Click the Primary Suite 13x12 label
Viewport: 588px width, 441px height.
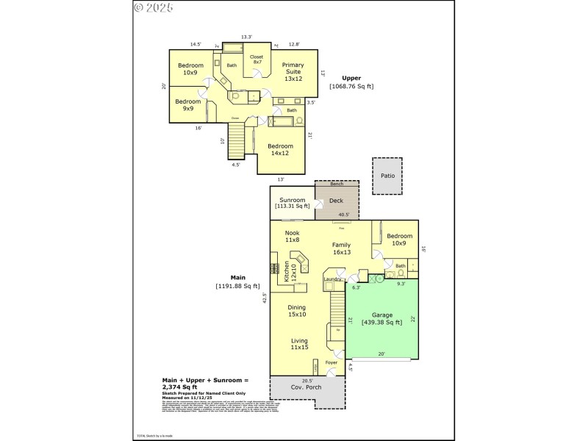coord(293,71)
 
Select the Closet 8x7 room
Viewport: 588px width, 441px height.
coord(257,60)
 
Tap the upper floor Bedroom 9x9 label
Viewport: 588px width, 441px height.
coord(188,104)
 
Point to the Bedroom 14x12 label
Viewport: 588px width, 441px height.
coord(280,149)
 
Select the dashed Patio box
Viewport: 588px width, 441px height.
coord(387,176)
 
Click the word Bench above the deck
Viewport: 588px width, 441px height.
coord(337,184)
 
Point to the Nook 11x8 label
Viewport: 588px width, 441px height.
coord(292,236)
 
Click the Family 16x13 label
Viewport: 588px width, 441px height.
coord(342,248)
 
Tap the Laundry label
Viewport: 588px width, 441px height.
coord(332,279)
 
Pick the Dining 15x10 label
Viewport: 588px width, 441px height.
coord(296,311)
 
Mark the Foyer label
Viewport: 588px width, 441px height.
coord(331,363)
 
